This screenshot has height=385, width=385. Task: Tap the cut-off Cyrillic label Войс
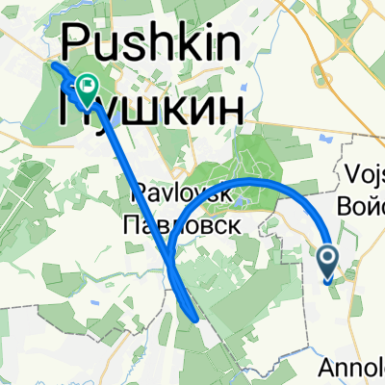pyautogui.click(x=362, y=206)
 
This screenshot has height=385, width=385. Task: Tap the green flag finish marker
pyautogui.click(x=87, y=90)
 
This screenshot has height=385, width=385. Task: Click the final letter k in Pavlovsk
pyautogui.click(x=227, y=192)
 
